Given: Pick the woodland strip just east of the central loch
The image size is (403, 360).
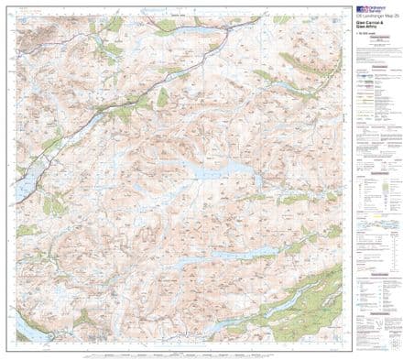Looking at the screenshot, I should coord(293,197).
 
